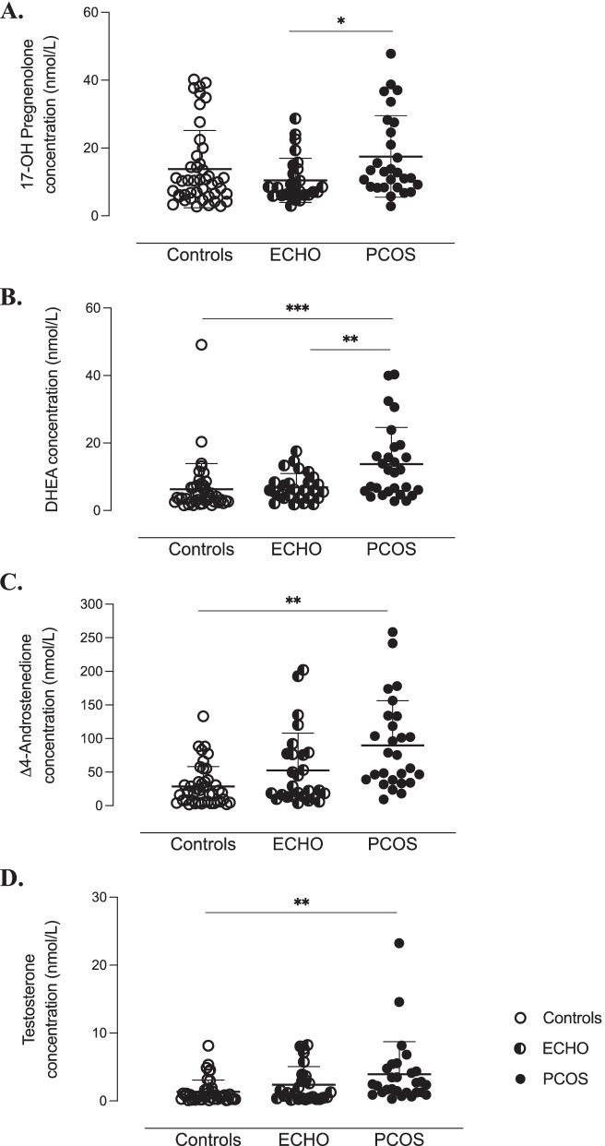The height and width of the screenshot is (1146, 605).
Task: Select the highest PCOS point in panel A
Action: coord(391,54)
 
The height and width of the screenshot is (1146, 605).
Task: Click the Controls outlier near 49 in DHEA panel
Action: coord(201,344)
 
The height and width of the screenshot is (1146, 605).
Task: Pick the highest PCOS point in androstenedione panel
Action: coord(392,633)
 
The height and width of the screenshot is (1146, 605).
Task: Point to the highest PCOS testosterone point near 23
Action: coord(398,943)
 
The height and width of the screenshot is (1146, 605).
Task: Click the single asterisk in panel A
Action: coord(341,21)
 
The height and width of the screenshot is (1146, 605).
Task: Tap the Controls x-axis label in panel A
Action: coord(200,254)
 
